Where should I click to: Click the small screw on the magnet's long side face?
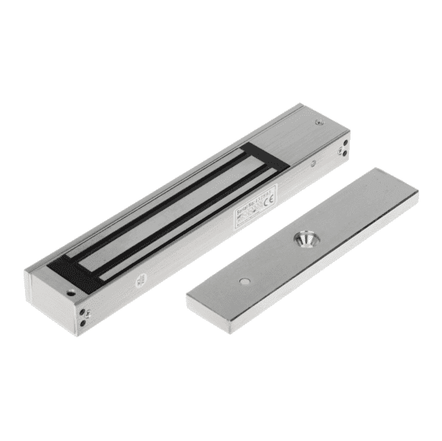point(312,163)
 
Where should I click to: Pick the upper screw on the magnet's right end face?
point(340,142)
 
